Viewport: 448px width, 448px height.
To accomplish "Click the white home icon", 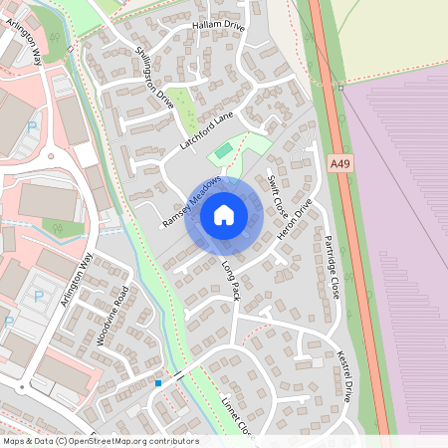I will (224, 215).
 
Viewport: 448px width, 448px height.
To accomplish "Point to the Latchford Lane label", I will (206, 129).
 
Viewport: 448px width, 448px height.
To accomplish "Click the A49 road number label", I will (338, 161).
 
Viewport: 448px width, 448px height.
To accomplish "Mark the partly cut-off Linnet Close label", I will (238, 416).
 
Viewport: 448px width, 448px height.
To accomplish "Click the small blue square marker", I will (157, 382).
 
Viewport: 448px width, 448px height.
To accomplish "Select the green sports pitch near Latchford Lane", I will (223, 151).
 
